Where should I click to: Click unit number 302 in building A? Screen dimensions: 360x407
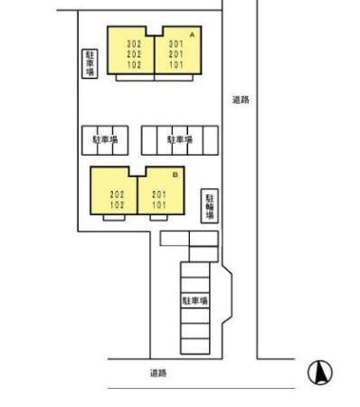[134, 44]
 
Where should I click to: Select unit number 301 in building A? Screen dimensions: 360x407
[175, 44]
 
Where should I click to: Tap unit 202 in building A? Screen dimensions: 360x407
[134, 54]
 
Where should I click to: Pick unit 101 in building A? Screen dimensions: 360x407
[175, 64]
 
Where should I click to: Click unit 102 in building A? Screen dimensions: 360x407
[134, 64]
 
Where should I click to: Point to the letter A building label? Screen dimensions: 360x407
[192, 35]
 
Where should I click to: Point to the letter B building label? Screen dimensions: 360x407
[175, 175]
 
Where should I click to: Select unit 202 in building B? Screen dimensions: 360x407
[117, 194]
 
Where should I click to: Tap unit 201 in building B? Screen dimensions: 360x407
[159, 194]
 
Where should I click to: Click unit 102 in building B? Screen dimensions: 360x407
[117, 205]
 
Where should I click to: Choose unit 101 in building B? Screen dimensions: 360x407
[159, 205]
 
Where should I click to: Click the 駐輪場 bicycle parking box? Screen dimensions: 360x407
[210, 206]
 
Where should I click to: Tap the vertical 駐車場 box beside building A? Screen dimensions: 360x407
[90, 63]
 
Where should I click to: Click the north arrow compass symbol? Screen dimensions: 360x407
[320, 373]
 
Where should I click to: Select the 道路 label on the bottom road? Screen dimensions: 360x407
[158, 374]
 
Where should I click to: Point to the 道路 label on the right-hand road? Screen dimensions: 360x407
[241, 99]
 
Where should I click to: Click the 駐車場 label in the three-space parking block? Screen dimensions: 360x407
[105, 139]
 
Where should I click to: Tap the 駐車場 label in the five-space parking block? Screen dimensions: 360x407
[180, 139]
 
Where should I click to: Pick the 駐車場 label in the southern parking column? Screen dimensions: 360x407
[195, 300]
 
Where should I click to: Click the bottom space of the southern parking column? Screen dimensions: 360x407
[195, 346]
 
